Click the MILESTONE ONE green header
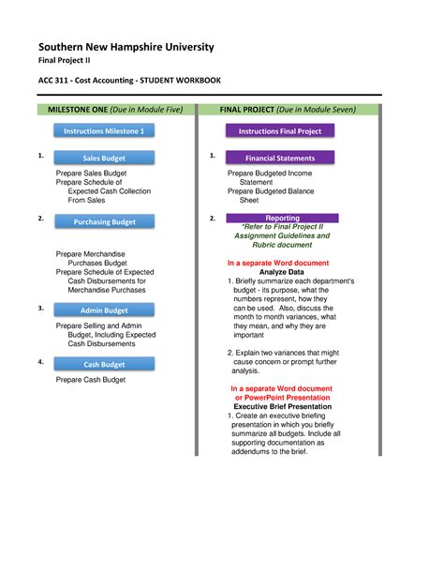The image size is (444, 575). point(115,110)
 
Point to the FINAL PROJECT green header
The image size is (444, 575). point(288,110)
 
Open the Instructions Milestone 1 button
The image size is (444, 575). point(104,132)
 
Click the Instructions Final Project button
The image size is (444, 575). point(280,132)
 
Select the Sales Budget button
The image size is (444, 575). point(104,159)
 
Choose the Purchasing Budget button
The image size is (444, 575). point(104,222)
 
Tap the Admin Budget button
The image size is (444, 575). point(104,310)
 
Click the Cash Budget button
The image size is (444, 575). point(104,365)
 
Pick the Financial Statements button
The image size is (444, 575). point(280,159)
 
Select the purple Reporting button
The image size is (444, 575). point(283,219)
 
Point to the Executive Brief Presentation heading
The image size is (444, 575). point(282,406)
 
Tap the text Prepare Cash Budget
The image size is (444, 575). point(90,380)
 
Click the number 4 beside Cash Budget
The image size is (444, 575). point(40,361)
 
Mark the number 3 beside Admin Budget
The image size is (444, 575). point(40,308)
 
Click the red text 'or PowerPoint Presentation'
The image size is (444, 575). point(282,397)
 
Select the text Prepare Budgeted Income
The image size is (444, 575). point(270,174)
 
